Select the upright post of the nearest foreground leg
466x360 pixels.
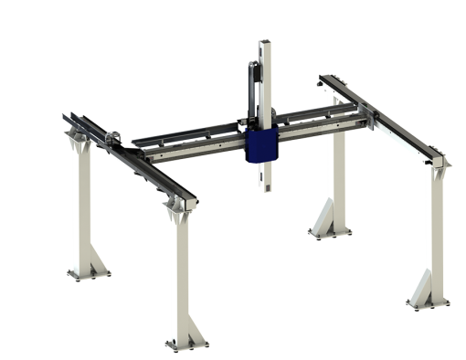[x=183, y=274]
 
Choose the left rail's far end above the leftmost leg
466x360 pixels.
[x=68, y=117]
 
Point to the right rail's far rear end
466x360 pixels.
[x=324, y=81]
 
